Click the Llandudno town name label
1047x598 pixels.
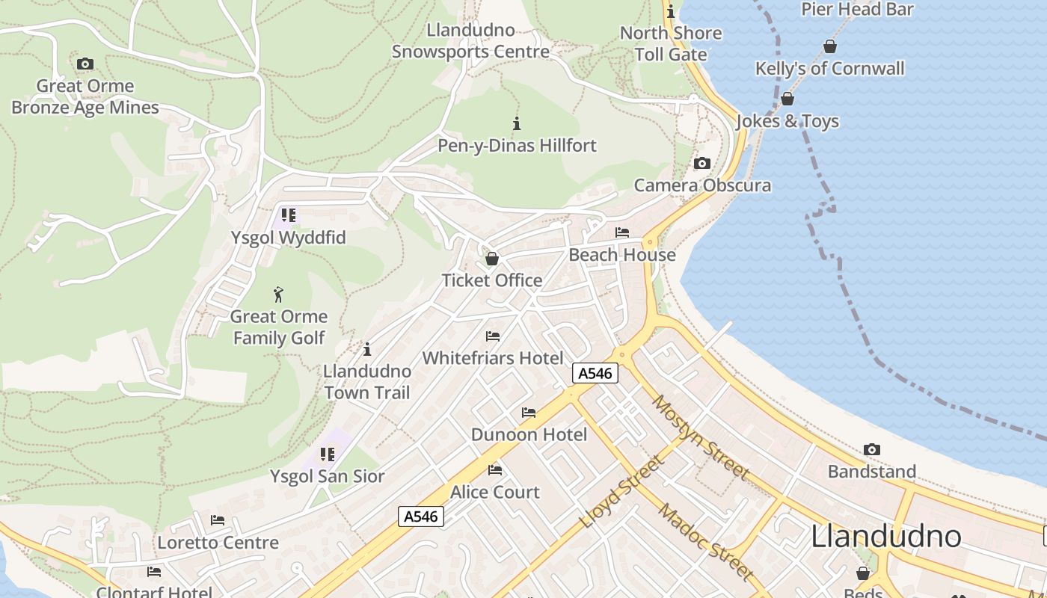(886, 536)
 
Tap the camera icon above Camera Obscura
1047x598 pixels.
(701, 163)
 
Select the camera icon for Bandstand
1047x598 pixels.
(871, 449)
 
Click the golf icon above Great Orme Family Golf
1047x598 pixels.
(278, 295)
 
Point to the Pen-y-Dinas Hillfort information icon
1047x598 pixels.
(516, 123)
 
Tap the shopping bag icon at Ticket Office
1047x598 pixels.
(492, 259)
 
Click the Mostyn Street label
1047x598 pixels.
(700, 437)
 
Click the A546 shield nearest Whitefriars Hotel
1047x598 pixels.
(595, 373)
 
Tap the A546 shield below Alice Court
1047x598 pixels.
(420, 516)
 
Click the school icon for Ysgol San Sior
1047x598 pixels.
(327, 454)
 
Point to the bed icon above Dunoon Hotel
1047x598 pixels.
(529, 413)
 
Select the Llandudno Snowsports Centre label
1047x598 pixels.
(470, 41)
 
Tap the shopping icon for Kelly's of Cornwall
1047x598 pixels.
(829, 46)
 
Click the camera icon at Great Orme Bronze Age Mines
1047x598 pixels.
(85, 64)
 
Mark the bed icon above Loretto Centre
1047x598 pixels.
(218, 520)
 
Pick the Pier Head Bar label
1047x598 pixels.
(857, 9)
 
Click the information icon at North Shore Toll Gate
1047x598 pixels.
(671, 11)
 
